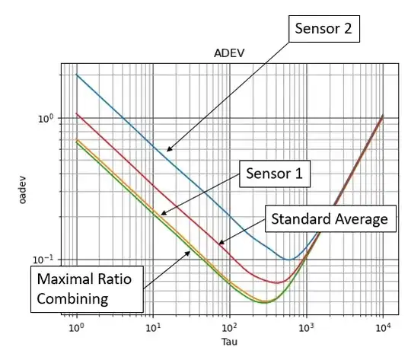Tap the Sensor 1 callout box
[x=274, y=173]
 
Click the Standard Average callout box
[x=330, y=221]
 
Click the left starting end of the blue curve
[x=76, y=75]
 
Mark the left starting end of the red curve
[x=76, y=114]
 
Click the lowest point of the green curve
[x=264, y=302]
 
